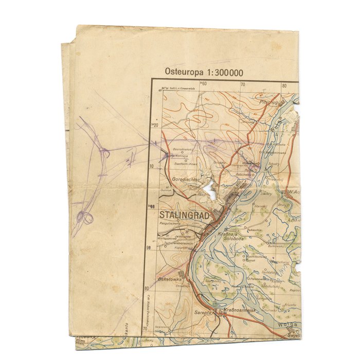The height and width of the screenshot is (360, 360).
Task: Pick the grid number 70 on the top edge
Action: click(x=243, y=85)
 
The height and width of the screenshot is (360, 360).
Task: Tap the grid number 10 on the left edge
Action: click(x=152, y=166)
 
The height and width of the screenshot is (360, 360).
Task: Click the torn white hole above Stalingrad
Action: click(x=209, y=188)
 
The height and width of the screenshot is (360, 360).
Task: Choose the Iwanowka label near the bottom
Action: click(x=162, y=327)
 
